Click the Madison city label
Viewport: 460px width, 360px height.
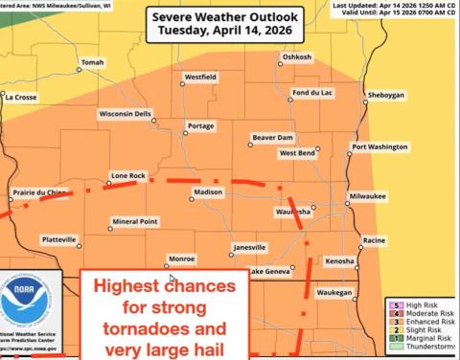click(208, 192)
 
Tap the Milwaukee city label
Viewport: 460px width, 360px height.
click(367, 195)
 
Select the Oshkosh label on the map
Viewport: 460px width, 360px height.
click(297, 57)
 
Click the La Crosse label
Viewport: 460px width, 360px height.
click(21, 97)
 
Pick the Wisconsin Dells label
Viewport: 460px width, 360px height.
click(126, 113)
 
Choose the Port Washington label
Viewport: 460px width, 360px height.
click(379, 146)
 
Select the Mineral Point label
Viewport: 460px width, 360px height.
click(134, 221)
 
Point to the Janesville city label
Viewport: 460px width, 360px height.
click(249, 247)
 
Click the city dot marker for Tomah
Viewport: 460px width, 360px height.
click(79, 69)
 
